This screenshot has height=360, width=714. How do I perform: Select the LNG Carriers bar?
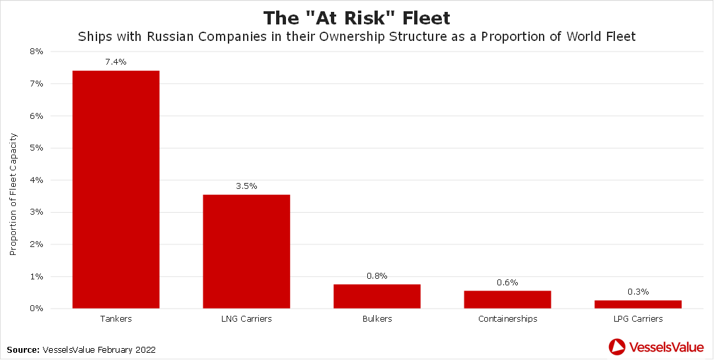pos(246,251)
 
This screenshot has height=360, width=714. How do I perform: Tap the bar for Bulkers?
pos(376,296)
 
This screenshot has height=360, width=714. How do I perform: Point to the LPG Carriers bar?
pos(638,304)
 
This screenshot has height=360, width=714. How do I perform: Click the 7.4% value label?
pos(116,62)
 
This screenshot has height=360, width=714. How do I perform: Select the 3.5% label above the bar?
pos(246,186)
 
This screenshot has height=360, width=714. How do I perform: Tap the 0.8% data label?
pos(376,276)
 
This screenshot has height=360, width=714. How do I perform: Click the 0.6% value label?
pos(507,283)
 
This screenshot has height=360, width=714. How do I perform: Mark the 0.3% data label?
pos(638,292)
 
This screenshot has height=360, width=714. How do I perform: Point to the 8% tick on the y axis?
pos(36,52)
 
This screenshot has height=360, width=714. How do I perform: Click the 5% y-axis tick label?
pos(36,148)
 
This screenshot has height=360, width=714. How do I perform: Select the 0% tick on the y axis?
pos(36,308)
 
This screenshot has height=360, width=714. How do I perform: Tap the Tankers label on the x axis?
pos(116,319)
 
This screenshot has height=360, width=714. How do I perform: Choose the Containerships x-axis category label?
pos(507,319)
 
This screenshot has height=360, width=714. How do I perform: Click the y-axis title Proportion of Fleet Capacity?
pos(14,194)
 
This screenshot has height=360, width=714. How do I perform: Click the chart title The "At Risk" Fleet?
pos(357,17)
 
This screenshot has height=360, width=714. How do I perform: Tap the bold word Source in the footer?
pos(23,349)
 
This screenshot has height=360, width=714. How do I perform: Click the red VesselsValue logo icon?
pos(617,346)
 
